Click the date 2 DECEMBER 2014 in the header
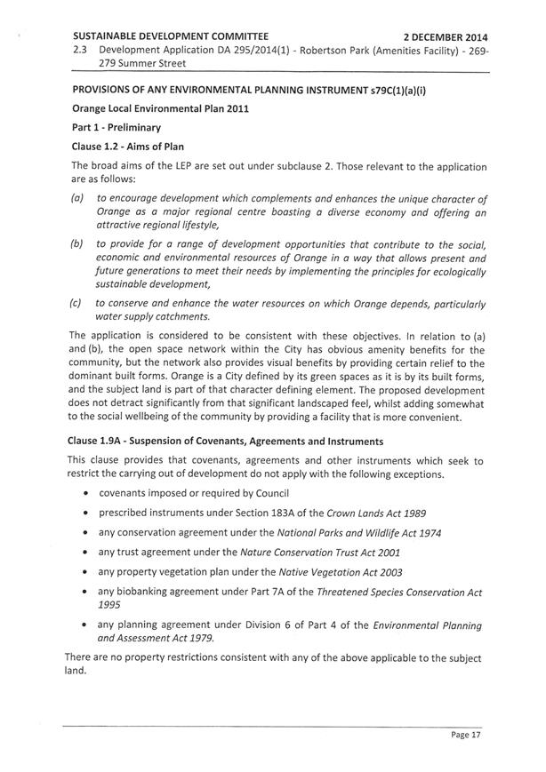tap(446, 38)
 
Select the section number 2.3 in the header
tap(84, 52)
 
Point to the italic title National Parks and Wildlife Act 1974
tap(361, 532)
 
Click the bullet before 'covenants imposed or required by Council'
tap(84, 493)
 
